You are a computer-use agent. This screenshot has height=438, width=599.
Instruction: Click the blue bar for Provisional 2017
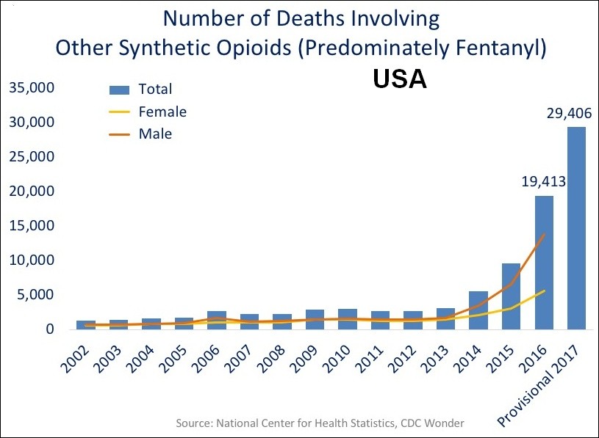(576, 228)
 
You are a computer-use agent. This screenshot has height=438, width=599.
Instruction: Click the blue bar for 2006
(217, 321)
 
